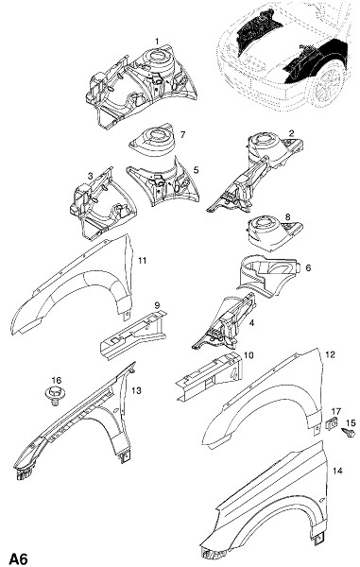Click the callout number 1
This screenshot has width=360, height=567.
pyautogui.click(x=157, y=42)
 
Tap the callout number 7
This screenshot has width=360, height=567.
pyautogui.click(x=183, y=134)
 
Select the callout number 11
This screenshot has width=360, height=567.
pyautogui.click(x=143, y=261)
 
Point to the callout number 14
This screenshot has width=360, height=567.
pyautogui.click(x=337, y=471)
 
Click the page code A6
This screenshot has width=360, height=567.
pyautogui.click(x=19, y=558)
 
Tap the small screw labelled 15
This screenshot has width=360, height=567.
pyautogui.click(x=349, y=433)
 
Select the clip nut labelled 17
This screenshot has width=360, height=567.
pyautogui.click(x=333, y=423)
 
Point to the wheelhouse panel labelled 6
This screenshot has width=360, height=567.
pyautogui.click(x=268, y=276)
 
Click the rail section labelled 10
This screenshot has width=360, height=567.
pyautogui.click(x=209, y=375)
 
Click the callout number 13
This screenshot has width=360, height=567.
pyautogui.click(x=137, y=390)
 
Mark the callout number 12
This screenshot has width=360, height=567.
pyautogui.click(x=331, y=354)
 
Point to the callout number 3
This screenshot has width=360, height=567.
pyautogui.click(x=91, y=176)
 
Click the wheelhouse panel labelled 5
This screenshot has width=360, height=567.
pyautogui.click(x=163, y=182)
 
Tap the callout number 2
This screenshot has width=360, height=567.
pyautogui.click(x=291, y=133)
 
